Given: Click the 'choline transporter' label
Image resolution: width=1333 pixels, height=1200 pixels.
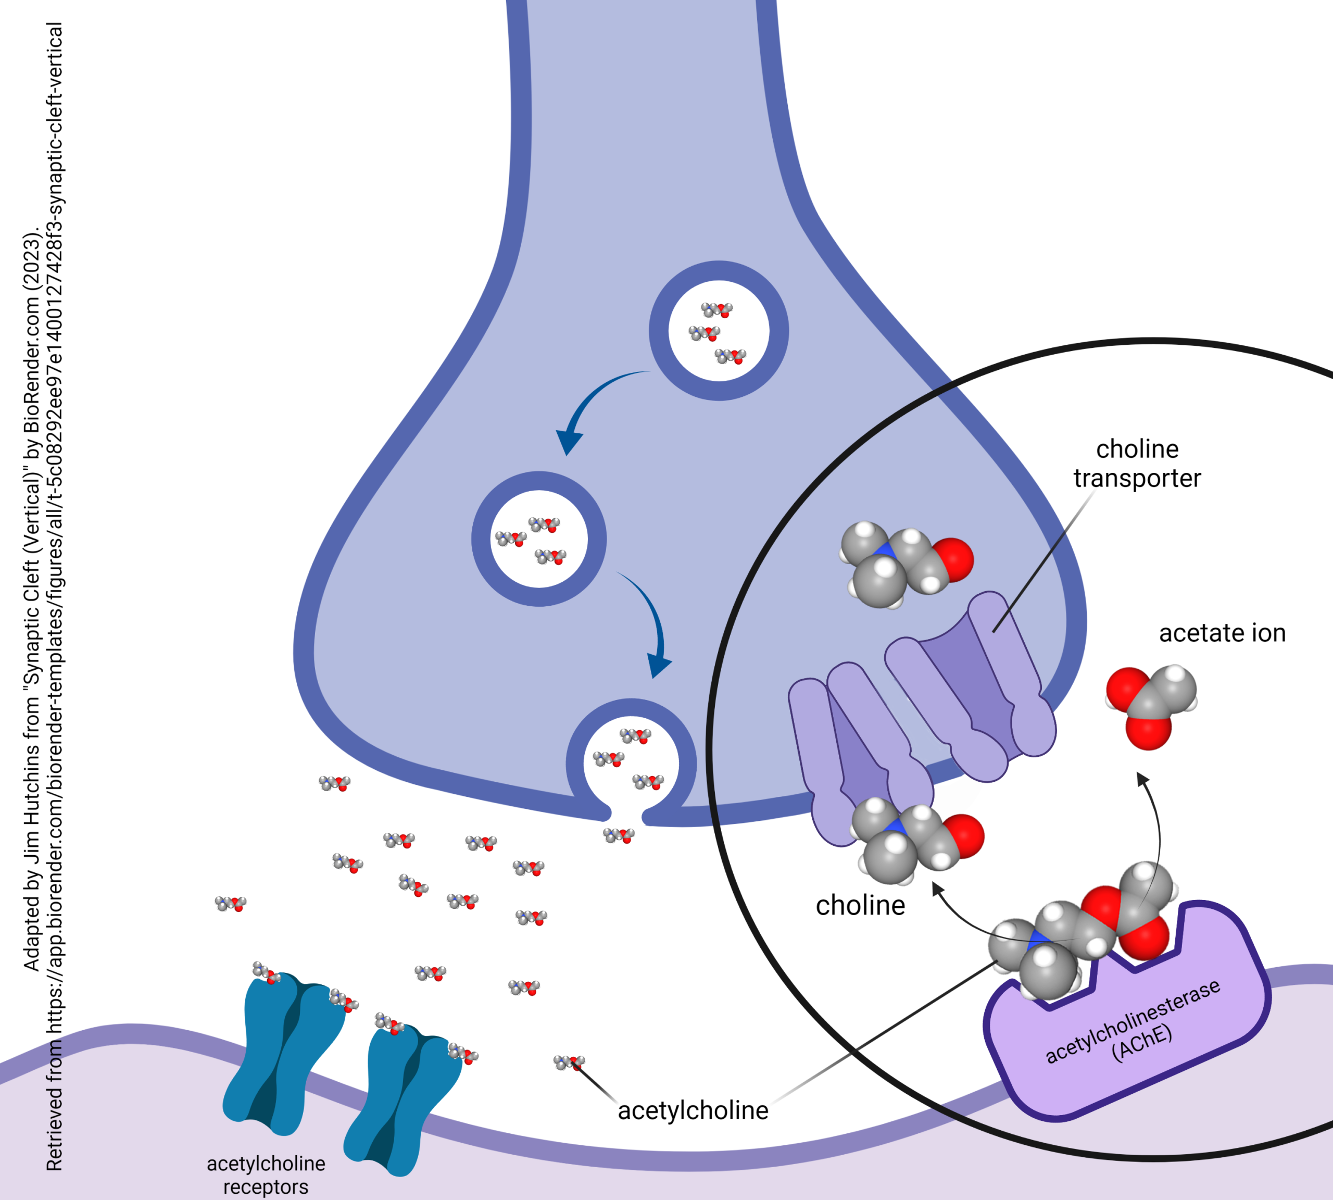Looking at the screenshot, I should tap(1137, 464).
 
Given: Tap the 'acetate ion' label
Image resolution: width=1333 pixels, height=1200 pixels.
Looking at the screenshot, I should tap(1222, 633).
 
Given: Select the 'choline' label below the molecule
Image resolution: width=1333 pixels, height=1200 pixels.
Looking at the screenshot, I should tap(860, 906).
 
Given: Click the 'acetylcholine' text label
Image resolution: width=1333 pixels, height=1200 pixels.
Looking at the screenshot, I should tap(693, 1111).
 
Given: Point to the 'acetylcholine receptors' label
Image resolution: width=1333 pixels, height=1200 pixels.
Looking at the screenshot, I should tap(266, 1175).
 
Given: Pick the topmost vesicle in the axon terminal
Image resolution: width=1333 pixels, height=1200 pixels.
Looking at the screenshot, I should tap(719, 330).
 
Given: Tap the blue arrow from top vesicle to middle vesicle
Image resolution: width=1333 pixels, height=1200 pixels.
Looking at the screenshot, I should tap(587, 402).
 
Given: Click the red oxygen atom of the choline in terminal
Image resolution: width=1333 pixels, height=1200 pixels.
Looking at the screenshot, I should tap(953, 559).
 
